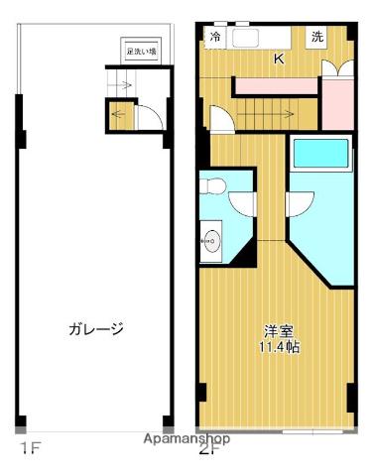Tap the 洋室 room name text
tap(279, 331)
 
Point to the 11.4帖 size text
tap(279, 347)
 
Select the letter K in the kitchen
tap(279, 59)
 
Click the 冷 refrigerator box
tap(215, 38)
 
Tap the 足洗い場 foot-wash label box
tap(141, 53)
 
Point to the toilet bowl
tap(213, 185)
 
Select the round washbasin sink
tap(209, 238)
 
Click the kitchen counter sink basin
tap(246, 38)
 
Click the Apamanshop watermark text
tap(186, 437)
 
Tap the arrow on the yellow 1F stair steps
tap(120, 112)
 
